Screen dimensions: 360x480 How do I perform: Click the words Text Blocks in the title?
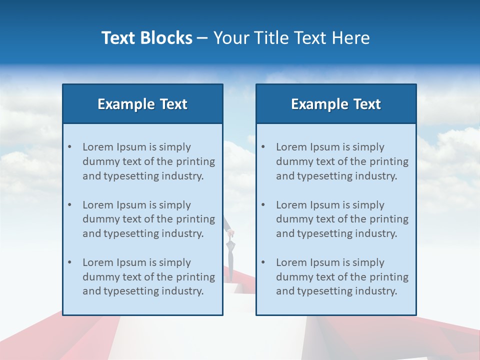coord(146,38)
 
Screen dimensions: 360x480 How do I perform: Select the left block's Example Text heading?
coord(142,104)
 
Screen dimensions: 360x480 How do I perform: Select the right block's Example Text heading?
coord(336,104)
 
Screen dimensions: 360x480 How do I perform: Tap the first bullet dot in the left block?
coord(69,147)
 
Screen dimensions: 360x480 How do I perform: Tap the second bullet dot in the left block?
coord(69,205)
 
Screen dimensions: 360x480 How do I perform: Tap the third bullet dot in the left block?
coord(69,262)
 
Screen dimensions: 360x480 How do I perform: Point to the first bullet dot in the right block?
coord(263,147)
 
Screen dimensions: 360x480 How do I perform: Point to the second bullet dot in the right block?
coord(263,205)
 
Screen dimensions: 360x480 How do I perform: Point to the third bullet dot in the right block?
coord(263,262)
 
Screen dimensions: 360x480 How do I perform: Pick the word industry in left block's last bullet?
coord(182,291)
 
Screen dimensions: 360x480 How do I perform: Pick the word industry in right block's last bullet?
coord(376,291)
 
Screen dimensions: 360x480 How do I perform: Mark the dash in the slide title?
coord(202,38)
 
